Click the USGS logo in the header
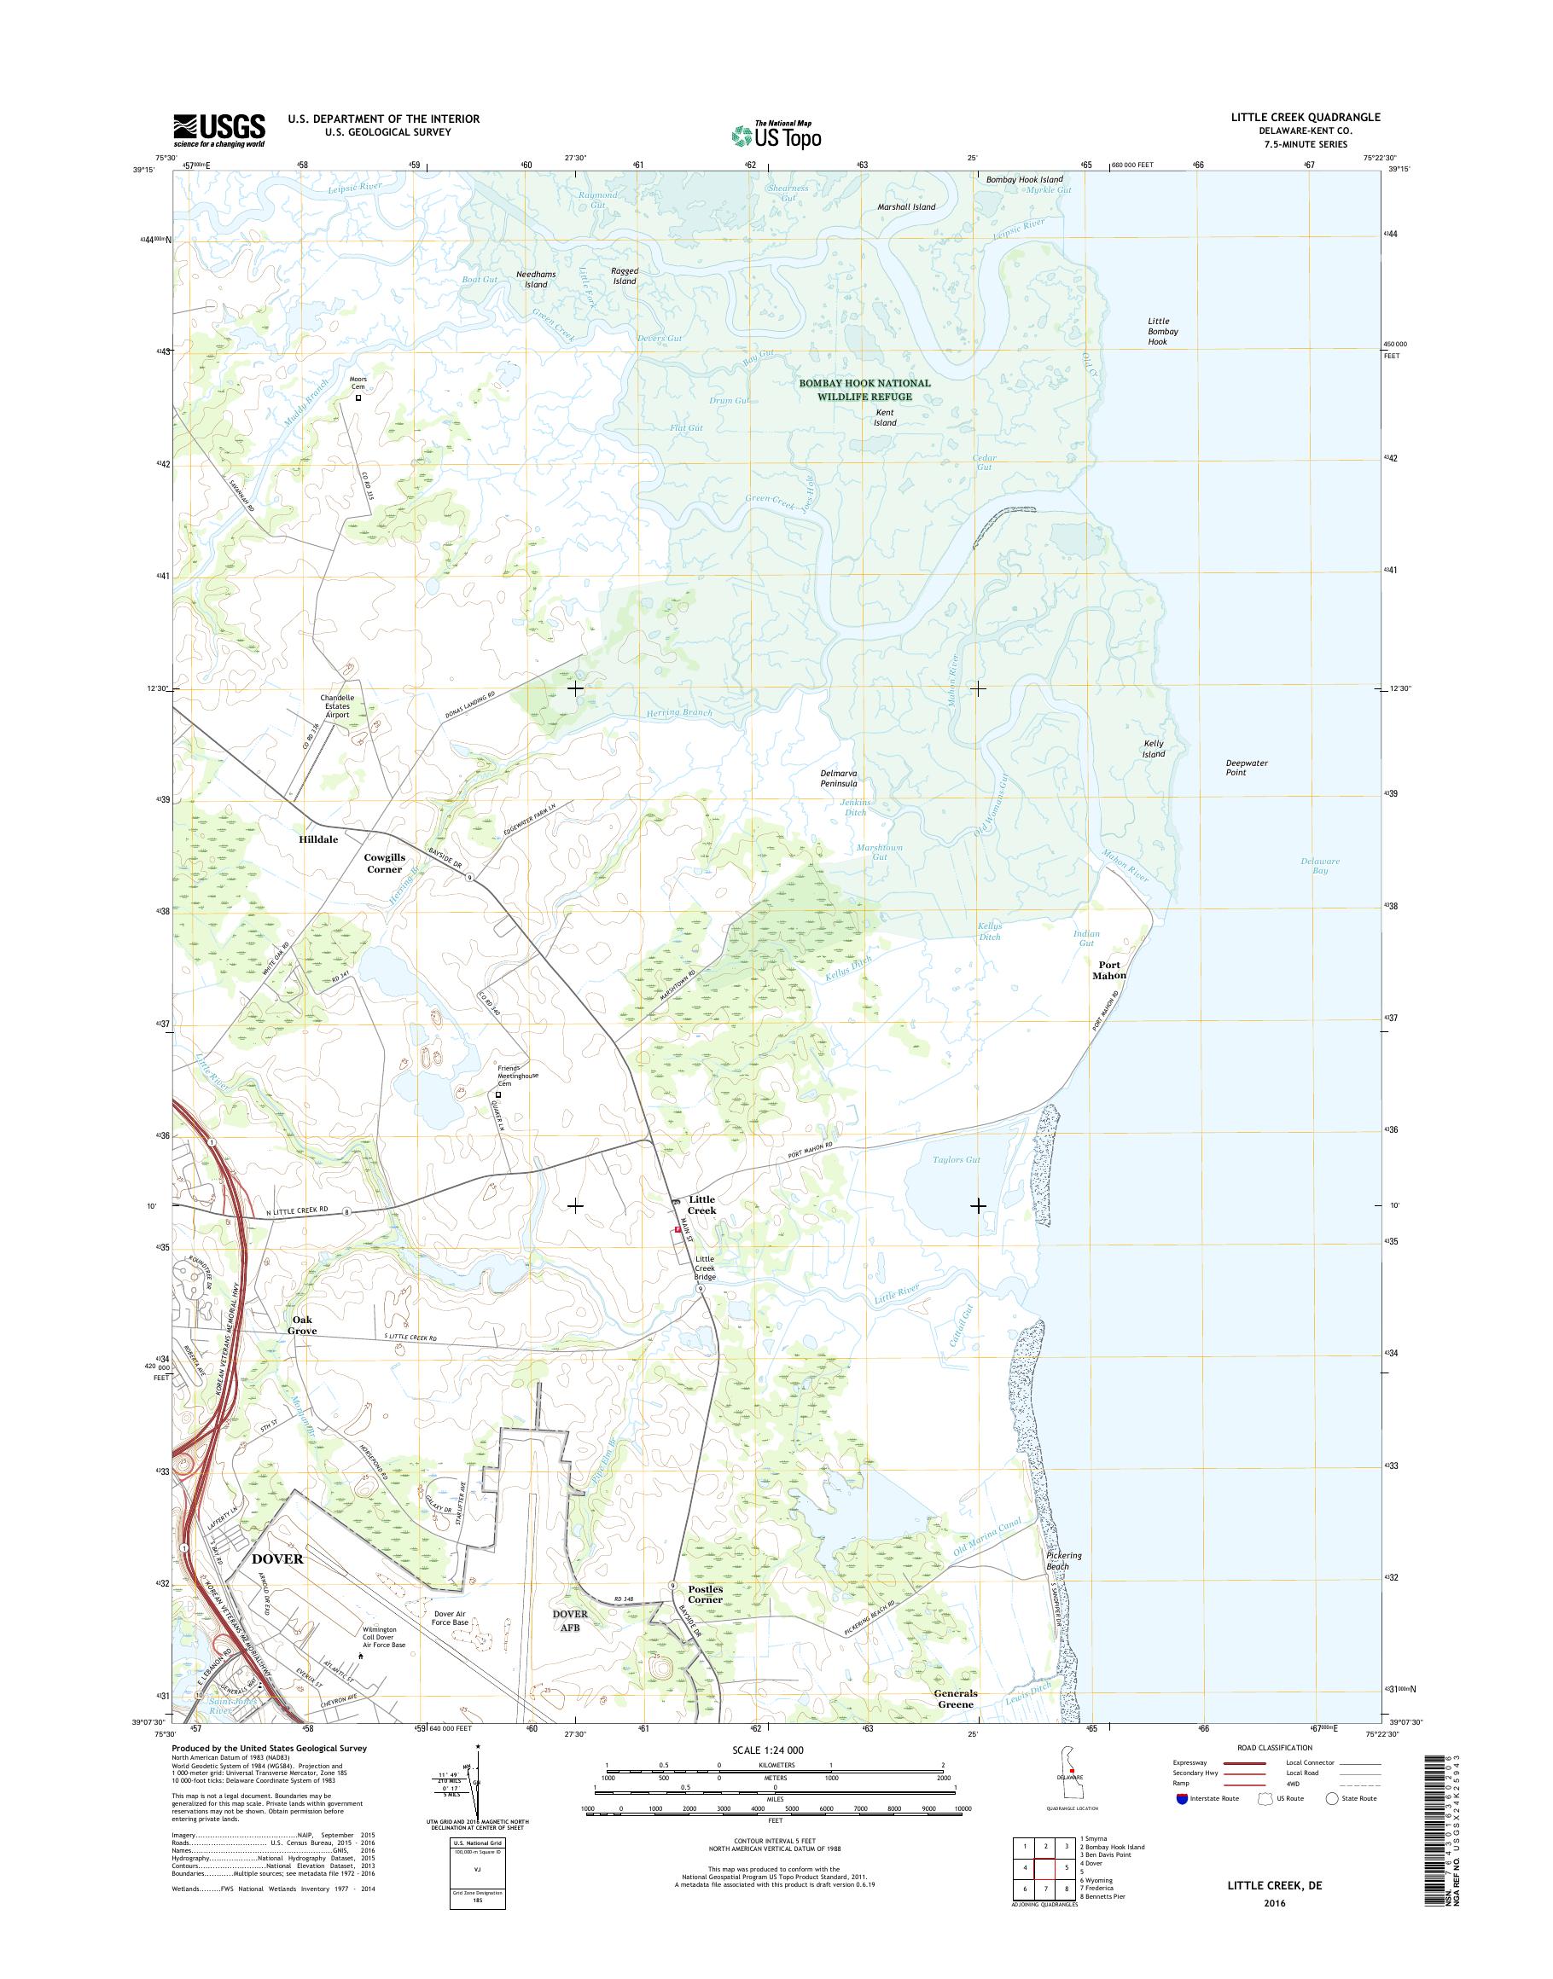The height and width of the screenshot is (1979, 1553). pyautogui.click(x=219, y=130)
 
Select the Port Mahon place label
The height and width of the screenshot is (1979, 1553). pyautogui.click(x=1108, y=970)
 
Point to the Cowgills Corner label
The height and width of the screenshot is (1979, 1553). pyautogui.click(x=384, y=862)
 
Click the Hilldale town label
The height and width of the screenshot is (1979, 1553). pyautogui.click(x=318, y=839)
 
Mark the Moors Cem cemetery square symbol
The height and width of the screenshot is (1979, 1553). pyautogui.click(x=358, y=398)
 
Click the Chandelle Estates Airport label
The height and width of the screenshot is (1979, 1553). pyautogui.click(x=336, y=706)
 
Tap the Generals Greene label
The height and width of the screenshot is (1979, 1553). pyautogui.click(x=955, y=1699)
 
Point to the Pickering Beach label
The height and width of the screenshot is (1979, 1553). pyautogui.click(x=1063, y=1561)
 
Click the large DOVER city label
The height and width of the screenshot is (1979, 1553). pyautogui.click(x=276, y=1558)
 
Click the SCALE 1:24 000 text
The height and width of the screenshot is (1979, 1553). pyautogui.click(x=768, y=1750)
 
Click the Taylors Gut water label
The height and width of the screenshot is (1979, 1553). pyautogui.click(x=956, y=1160)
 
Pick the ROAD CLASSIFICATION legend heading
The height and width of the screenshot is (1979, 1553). pyautogui.click(x=1275, y=1748)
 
